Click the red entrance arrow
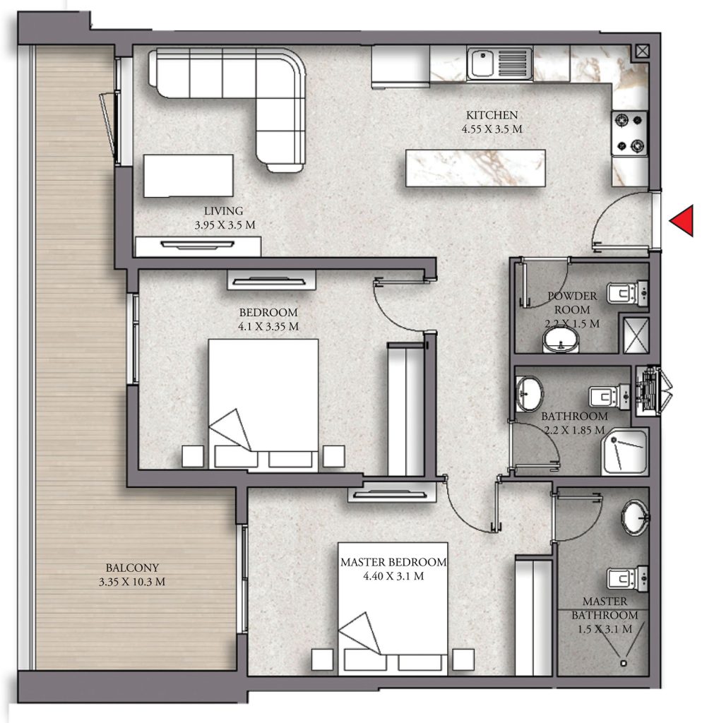point(682,221)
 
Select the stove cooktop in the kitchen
point(629,133)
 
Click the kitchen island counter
point(475,168)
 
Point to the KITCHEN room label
point(492,115)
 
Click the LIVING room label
point(224,211)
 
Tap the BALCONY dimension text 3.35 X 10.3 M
point(132,582)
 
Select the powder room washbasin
point(561,340)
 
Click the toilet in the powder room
point(627,293)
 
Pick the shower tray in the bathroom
point(625,451)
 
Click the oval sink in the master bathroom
point(636,518)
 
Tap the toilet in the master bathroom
point(628,578)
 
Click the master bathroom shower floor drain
point(624,663)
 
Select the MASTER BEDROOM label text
point(393,562)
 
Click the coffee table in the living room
point(188,176)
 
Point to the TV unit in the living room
point(198,246)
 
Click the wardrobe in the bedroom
point(406,409)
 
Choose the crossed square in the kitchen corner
point(642,51)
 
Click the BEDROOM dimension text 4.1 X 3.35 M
point(268,326)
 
